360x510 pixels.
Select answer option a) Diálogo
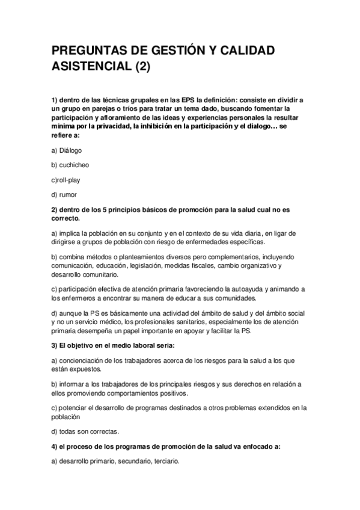tap(67, 150)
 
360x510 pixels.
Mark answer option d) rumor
tap(64, 194)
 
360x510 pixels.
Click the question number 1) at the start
tap(53, 99)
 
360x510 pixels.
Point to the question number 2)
tap(53, 209)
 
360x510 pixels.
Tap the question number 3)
tap(53, 345)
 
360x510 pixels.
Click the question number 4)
tap(53, 447)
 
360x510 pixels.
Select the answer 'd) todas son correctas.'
tap(85, 432)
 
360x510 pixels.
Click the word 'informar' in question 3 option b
tap(74, 384)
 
